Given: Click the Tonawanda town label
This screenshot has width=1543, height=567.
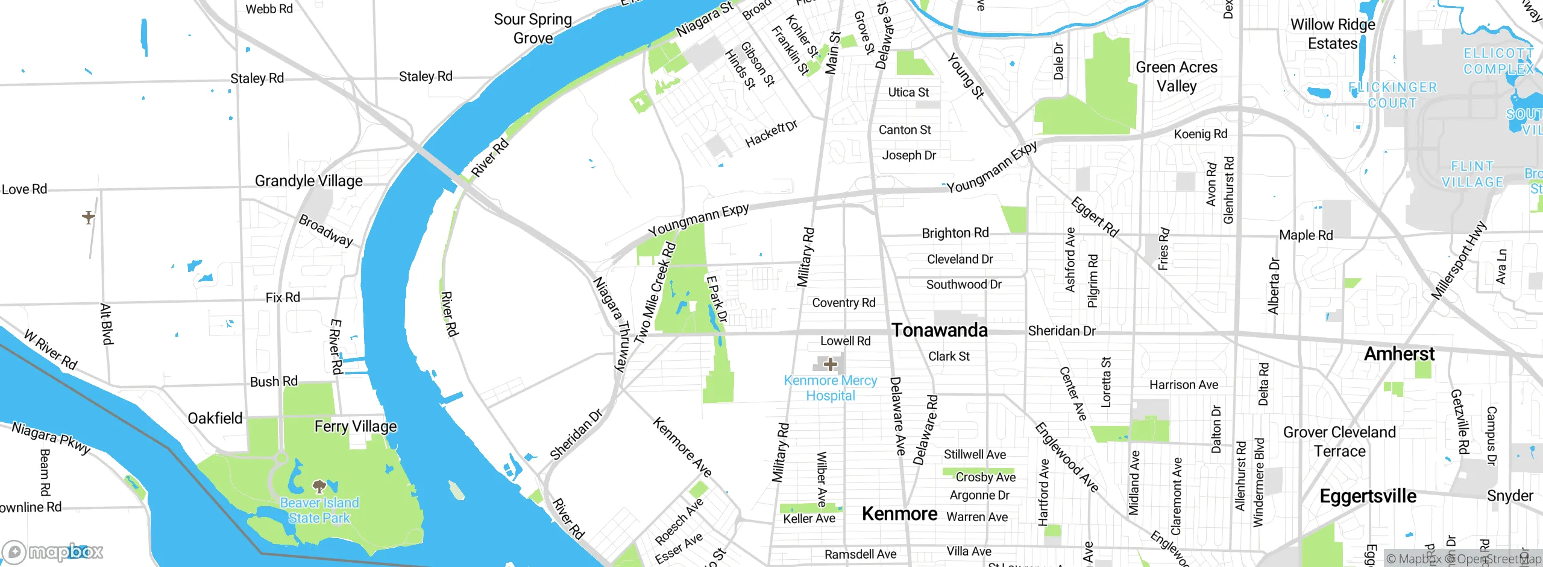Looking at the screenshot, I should [x=939, y=330].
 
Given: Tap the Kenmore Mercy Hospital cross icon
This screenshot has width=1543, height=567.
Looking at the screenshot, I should [x=831, y=364].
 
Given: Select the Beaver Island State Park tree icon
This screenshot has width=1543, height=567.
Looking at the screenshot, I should [x=319, y=486].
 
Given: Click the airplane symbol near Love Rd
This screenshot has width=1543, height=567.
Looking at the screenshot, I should [x=89, y=217].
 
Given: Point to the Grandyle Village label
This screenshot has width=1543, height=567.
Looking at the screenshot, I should [x=309, y=181].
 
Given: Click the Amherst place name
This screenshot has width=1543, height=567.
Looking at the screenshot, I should [x=1399, y=353].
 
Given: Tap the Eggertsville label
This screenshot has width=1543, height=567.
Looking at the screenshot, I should [x=1368, y=496].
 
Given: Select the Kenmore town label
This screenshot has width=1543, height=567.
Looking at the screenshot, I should [x=899, y=513].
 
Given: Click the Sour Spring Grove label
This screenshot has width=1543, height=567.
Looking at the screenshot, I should [x=533, y=28].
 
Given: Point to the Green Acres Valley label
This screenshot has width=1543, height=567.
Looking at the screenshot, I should [x=1177, y=76].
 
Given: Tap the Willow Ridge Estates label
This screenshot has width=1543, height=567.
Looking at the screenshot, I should [x=1333, y=34].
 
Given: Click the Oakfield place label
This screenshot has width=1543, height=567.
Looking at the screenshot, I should [x=215, y=418].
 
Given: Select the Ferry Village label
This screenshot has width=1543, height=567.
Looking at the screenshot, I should [x=356, y=426].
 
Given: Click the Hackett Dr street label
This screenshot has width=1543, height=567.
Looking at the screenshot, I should [x=771, y=133].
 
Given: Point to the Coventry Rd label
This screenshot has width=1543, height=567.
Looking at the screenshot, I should [x=843, y=303].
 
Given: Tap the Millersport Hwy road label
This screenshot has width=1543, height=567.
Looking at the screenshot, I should [x=1459, y=261].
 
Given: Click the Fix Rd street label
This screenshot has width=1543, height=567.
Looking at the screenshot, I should [x=283, y=297].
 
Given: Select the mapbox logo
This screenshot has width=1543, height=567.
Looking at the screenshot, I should [x=53, y=552].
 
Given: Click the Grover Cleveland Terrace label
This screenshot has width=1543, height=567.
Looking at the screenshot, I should [x=1339, y=442].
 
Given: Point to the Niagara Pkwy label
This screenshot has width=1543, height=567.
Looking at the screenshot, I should [x=51, y=437].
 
